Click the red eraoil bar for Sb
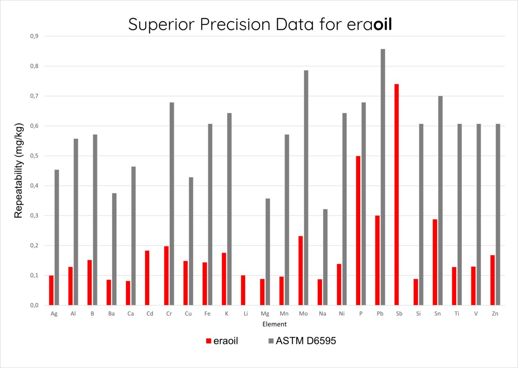tap(396, 194)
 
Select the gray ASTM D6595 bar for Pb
tap(383, 177)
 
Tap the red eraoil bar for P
tap(358, 231)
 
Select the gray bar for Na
tap(325, 257)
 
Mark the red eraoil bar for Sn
tap(435, 262)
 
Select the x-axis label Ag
tap(54, 314)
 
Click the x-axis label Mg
tap(265, 314)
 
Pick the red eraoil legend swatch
tap(208, 341)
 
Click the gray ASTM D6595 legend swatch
tap(270, 341)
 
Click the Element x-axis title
tap(274, 325)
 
